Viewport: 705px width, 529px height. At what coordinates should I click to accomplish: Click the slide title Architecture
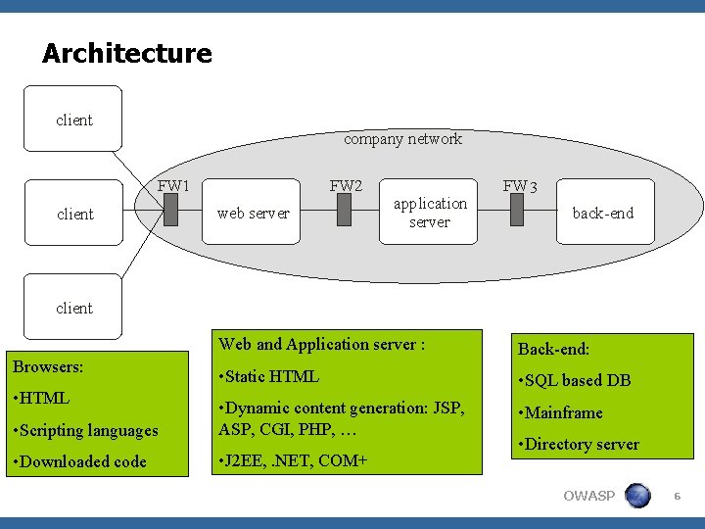coord(126,53)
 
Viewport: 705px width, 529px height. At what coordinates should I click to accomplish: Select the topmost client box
coord(73,120)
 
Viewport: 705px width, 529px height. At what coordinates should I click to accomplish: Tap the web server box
coord(253,213)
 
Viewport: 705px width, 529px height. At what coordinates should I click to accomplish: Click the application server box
coord(430,213)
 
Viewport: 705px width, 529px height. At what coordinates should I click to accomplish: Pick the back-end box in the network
coord(602,213)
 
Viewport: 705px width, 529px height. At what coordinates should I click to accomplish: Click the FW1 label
coord(173,185)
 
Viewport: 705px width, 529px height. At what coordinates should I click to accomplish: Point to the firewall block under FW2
coord(344,210)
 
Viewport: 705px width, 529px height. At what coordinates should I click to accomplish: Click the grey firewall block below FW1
coord(171,210)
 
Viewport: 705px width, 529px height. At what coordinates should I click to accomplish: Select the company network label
coord(402,139)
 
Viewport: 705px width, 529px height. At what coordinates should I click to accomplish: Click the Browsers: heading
coord(48,366)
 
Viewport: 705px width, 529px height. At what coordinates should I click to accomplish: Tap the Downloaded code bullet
coord(79,461)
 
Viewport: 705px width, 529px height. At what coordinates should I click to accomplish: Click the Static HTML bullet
coord(269,376)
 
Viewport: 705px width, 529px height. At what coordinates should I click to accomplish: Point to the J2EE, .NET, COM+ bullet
coord(293,459)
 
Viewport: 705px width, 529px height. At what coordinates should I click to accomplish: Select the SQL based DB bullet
coord(575,380)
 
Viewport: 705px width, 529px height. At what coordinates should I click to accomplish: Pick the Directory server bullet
coord(579,444)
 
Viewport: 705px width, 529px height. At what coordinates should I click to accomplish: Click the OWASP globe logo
coord(637,496)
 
